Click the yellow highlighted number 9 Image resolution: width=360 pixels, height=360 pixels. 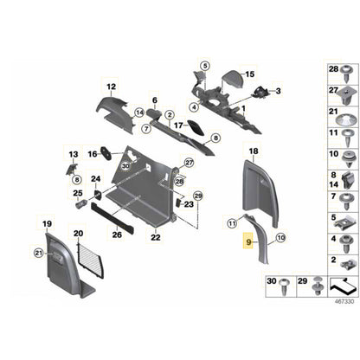coord(248,242)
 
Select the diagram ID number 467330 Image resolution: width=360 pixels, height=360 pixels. coord(344,302)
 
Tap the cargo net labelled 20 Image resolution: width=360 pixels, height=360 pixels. coord(91,260)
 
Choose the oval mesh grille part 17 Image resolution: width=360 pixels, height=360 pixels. coord(196,128)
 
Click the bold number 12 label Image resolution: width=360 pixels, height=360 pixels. coord(112,87)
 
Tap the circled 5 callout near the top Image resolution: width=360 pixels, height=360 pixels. coord(205,66)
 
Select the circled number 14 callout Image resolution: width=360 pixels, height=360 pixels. coord(139,112)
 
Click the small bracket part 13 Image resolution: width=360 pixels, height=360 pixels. coord(71,169)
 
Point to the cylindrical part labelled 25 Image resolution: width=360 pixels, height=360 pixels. coord(81,204)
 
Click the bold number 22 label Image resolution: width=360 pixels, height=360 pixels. coord(156,238)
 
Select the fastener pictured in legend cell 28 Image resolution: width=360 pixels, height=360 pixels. coord(346,73)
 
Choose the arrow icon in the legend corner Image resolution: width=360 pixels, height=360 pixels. coord(343,286)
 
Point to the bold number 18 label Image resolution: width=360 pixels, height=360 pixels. coord(254,151)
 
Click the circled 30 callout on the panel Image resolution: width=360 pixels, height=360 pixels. coord(125,166)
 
